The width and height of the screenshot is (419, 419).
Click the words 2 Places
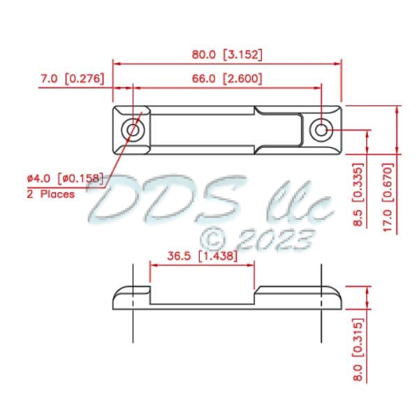51,194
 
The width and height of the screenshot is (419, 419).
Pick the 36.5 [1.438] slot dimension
201,256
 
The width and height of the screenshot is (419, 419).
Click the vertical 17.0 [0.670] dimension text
389,196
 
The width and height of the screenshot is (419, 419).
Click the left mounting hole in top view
133,130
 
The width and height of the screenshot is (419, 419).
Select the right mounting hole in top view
321,130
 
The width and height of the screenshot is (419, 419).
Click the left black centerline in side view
133,328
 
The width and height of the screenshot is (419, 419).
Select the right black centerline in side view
321,328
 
